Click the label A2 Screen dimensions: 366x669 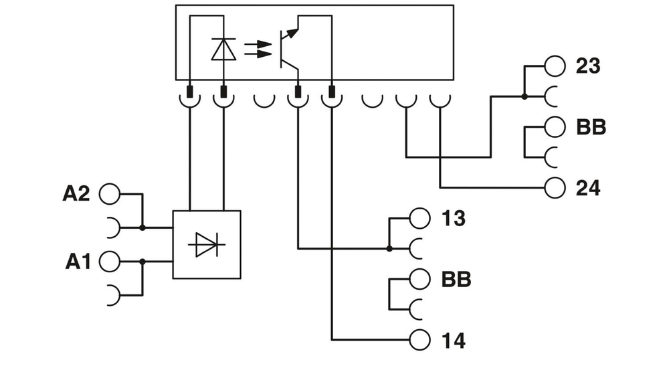click(x=76, y=194)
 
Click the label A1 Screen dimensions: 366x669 click(x=78, y=262)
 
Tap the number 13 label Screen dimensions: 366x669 click(x=454, y=218)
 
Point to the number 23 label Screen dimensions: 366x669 click(x=588, y=66)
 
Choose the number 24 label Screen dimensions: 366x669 click(x=588, y=189)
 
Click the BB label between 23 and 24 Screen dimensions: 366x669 click(x=591, y=127)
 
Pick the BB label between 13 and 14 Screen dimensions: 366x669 click(x=456, y=280)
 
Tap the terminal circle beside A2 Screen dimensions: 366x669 click(x=109, y=194)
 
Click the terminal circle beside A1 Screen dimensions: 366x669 click(x=109, y=262)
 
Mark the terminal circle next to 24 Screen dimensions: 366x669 click(x=555, y=188)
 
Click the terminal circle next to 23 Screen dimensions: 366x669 click(x=555, y=66)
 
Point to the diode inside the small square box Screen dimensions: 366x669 click(x=206, y=245)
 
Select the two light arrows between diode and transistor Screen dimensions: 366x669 click(x=258, y=49)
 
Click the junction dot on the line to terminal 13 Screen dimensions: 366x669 click(x=389, y=248)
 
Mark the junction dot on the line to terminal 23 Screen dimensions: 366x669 click(x=524, y=96)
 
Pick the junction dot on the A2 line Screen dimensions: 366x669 click(x=142, y=227)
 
